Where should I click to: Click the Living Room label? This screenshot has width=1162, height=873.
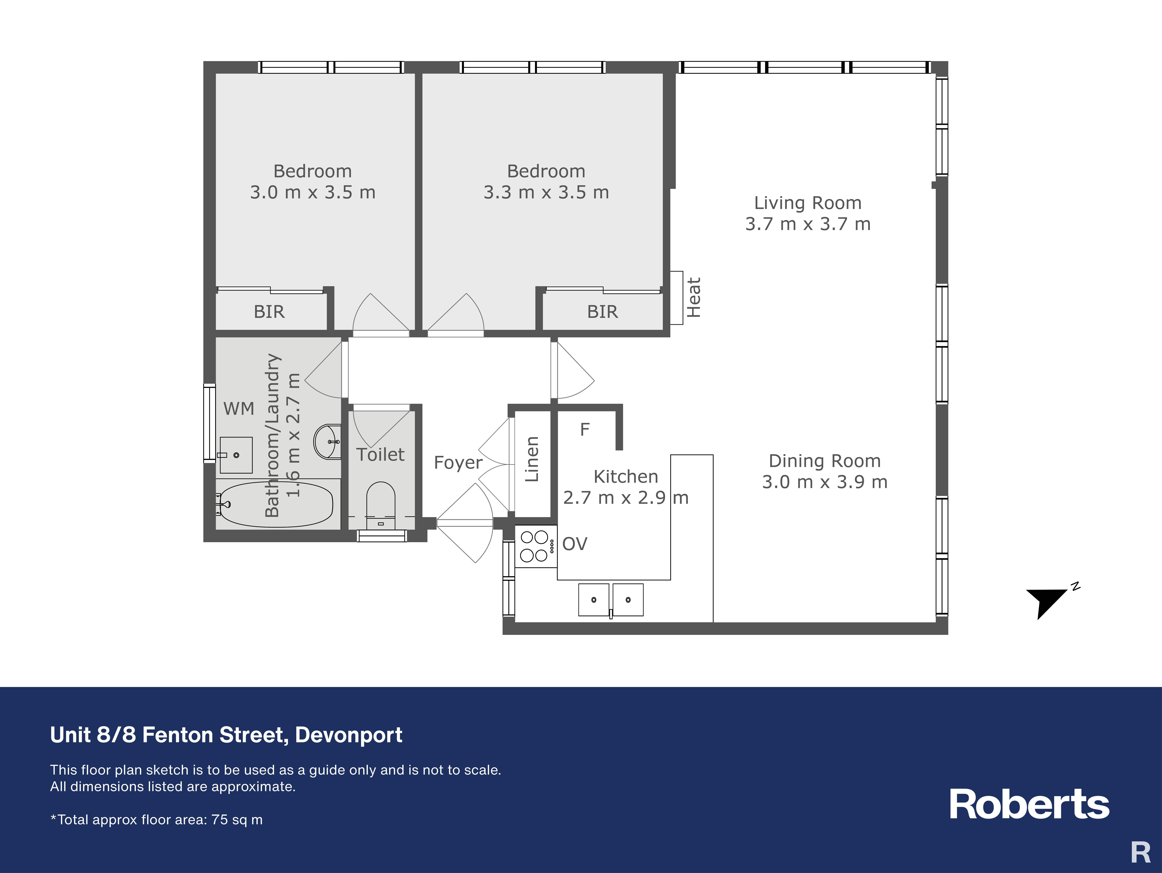click(x=808, y=203)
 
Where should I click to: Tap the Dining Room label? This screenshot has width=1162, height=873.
click(x=825, y=461)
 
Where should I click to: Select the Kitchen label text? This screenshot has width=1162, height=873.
click(x=626, y=477)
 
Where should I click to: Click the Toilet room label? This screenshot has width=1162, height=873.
click(x=380, y=455)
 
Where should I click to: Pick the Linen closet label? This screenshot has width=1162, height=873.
click(x=532, y=459)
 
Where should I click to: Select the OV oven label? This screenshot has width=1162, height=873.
click(x=575, y=544)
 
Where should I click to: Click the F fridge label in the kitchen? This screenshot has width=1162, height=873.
click(x=585, y=430)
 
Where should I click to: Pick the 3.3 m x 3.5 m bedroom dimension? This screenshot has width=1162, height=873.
click(x=546, y=192)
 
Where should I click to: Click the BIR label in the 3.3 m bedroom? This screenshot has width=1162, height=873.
click(x=603, y=312)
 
